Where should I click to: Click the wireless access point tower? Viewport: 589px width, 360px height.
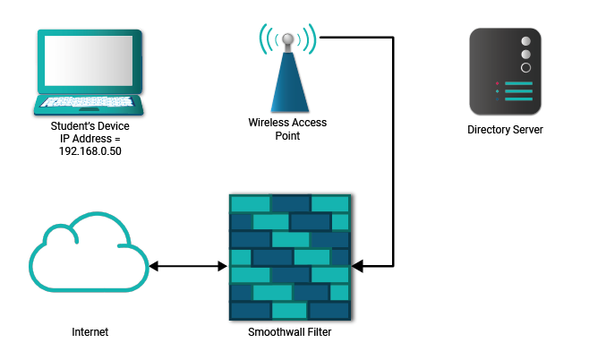288,76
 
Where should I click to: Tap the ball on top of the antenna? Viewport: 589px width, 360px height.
288,39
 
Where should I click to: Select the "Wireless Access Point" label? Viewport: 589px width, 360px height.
288,130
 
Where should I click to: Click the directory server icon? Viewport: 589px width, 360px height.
505,72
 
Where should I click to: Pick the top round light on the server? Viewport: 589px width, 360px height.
526,41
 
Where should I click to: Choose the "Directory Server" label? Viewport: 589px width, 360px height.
505,130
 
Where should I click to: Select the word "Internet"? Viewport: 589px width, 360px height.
90,332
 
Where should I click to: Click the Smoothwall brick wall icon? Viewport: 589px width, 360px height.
289,257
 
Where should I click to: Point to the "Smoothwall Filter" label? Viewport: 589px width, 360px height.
289,332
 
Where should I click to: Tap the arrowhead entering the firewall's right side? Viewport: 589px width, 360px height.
357,266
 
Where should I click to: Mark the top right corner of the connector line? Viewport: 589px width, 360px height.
393,38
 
